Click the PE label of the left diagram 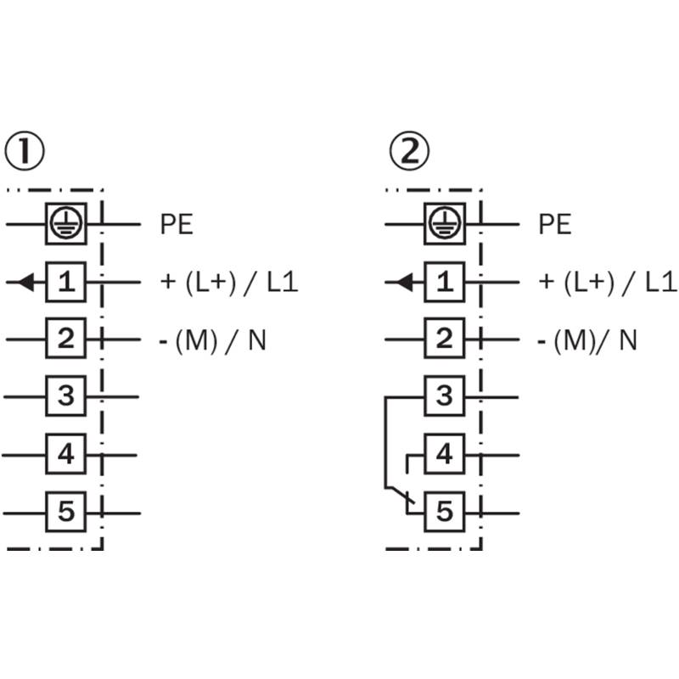point(177,224)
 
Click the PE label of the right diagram point(555,224)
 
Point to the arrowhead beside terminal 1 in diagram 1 point(26,283)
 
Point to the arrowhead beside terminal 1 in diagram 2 point(405,283)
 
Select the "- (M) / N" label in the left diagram point(213,341)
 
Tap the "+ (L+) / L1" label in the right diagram point(608,283)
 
